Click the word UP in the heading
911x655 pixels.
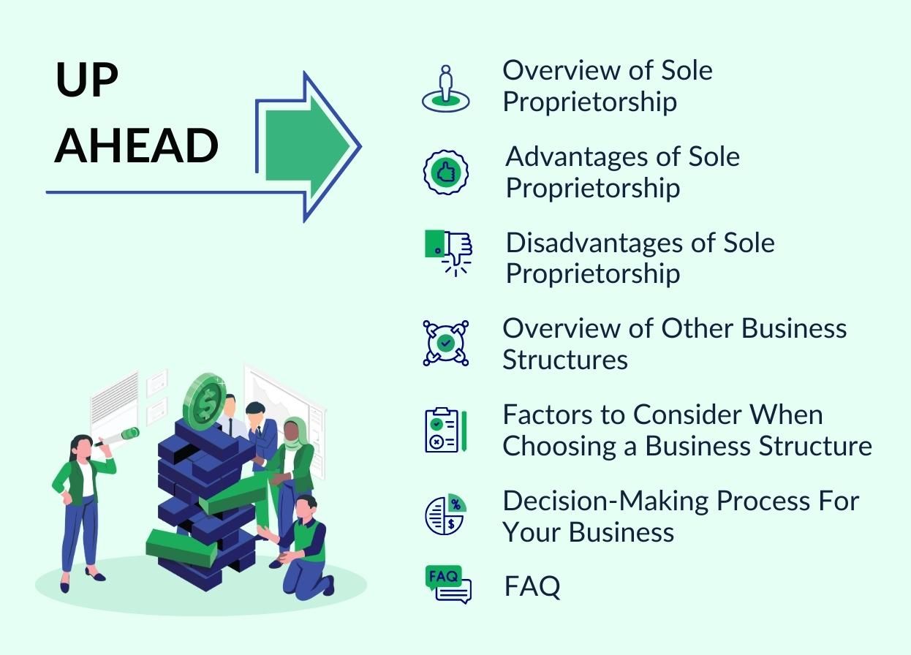point(87,80)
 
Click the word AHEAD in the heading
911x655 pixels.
point(136,145)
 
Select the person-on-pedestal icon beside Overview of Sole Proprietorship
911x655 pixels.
point(446,88)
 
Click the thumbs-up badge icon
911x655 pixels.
point(446,173)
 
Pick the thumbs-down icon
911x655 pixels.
point(448,253)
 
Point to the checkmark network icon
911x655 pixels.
point(446,343)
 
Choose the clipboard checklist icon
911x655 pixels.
point(446,430)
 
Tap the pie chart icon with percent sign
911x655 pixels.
point(446,515)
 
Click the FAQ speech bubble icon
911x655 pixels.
point(448,585)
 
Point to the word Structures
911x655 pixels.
point(565,360)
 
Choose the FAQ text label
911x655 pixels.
point(532,586)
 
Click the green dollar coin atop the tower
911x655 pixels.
point(205,402)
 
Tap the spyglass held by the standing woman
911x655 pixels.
point(118,437)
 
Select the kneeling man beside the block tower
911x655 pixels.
point(298,548)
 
